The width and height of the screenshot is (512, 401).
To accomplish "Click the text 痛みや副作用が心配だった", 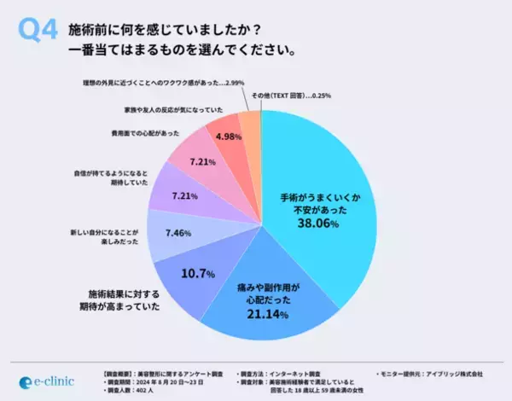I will [270, 295].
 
